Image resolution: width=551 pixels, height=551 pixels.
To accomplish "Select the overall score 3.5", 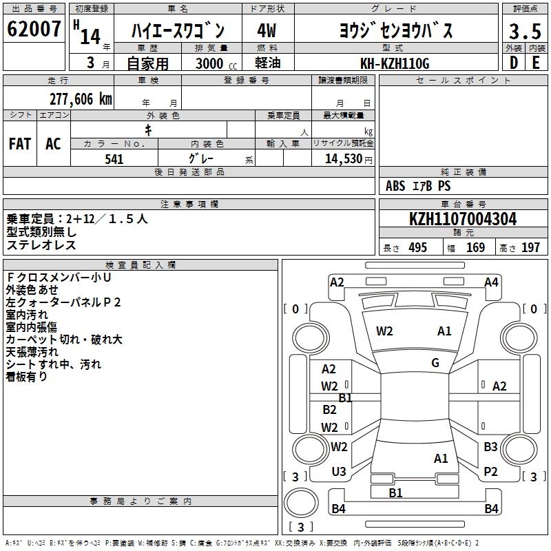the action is coord(524,32).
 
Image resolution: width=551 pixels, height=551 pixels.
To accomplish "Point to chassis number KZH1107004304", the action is coord(463,220).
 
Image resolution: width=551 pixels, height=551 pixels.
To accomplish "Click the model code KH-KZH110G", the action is coord(395,63).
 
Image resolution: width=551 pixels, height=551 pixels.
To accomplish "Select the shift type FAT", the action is coord(20,144).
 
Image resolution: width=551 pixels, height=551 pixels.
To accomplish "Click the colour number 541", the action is coord(114,159).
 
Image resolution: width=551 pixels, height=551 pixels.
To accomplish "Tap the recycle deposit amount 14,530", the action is coord(343,159).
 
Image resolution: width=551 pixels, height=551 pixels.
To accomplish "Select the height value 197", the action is coord(530,248).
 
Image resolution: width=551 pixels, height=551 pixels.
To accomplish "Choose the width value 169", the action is coord(475,248).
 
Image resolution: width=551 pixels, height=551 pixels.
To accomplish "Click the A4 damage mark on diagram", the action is coord(491,282).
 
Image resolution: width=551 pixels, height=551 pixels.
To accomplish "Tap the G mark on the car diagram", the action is coord(435,363).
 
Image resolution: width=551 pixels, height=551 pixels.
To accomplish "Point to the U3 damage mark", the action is coord(339,472).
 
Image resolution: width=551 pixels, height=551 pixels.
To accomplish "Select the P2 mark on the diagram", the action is coord(490,472).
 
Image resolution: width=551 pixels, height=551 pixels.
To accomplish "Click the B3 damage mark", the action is coord(490,447).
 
